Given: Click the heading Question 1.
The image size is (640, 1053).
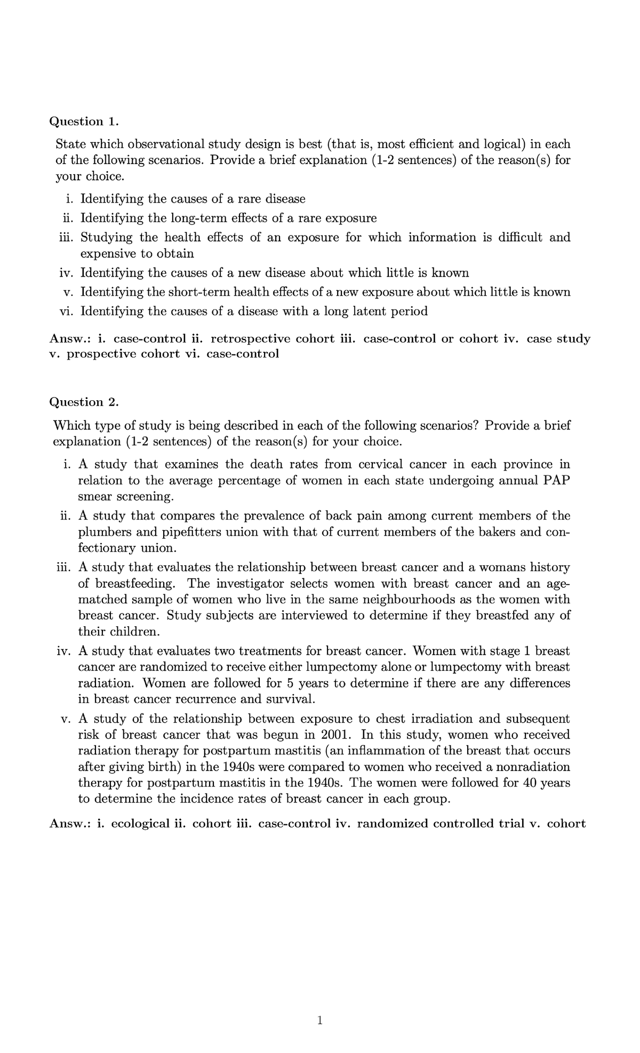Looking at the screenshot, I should tap(83, 122).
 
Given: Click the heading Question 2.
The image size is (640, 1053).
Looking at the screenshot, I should tap(83, 402).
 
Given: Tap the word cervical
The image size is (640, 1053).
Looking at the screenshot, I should tap(380, 464).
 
